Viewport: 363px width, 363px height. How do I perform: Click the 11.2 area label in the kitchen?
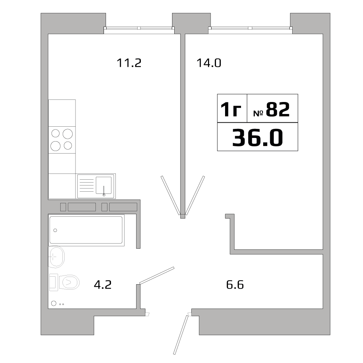(129, 63)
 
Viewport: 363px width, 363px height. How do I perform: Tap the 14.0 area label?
(209, 63)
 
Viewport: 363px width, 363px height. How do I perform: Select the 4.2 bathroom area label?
(102, 285)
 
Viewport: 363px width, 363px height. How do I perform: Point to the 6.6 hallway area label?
(235, 285)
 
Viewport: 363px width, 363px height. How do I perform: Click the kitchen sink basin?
(103, 185)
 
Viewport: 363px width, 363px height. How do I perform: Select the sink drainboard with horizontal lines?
(86, 185)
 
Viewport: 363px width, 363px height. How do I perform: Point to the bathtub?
(86, 230)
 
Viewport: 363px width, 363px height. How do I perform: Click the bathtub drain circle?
(55, 230)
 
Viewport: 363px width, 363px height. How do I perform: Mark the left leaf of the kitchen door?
(170, 195)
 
